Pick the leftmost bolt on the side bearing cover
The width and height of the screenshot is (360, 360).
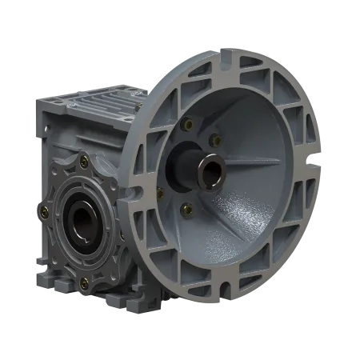coord(44,213)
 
